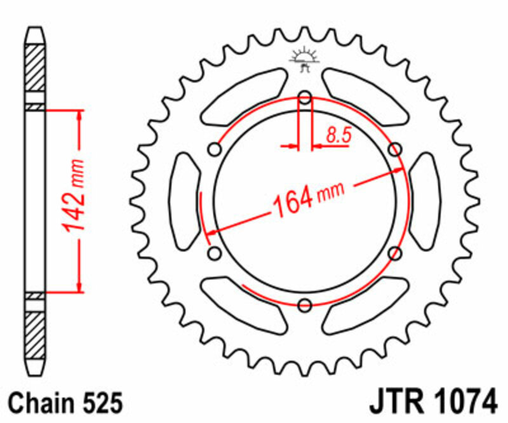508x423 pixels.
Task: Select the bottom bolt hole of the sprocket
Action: (x=305, y=304)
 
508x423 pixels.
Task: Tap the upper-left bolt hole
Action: (x=215, y=149)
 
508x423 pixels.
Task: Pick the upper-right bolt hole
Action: (x=395, y=149)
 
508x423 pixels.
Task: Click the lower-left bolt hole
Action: (x=215, y=253)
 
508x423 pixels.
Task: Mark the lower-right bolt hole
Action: (x=395, y=253)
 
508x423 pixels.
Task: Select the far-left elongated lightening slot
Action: (x=185, y=201)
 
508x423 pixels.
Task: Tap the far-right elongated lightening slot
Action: (x=424, y=201)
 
